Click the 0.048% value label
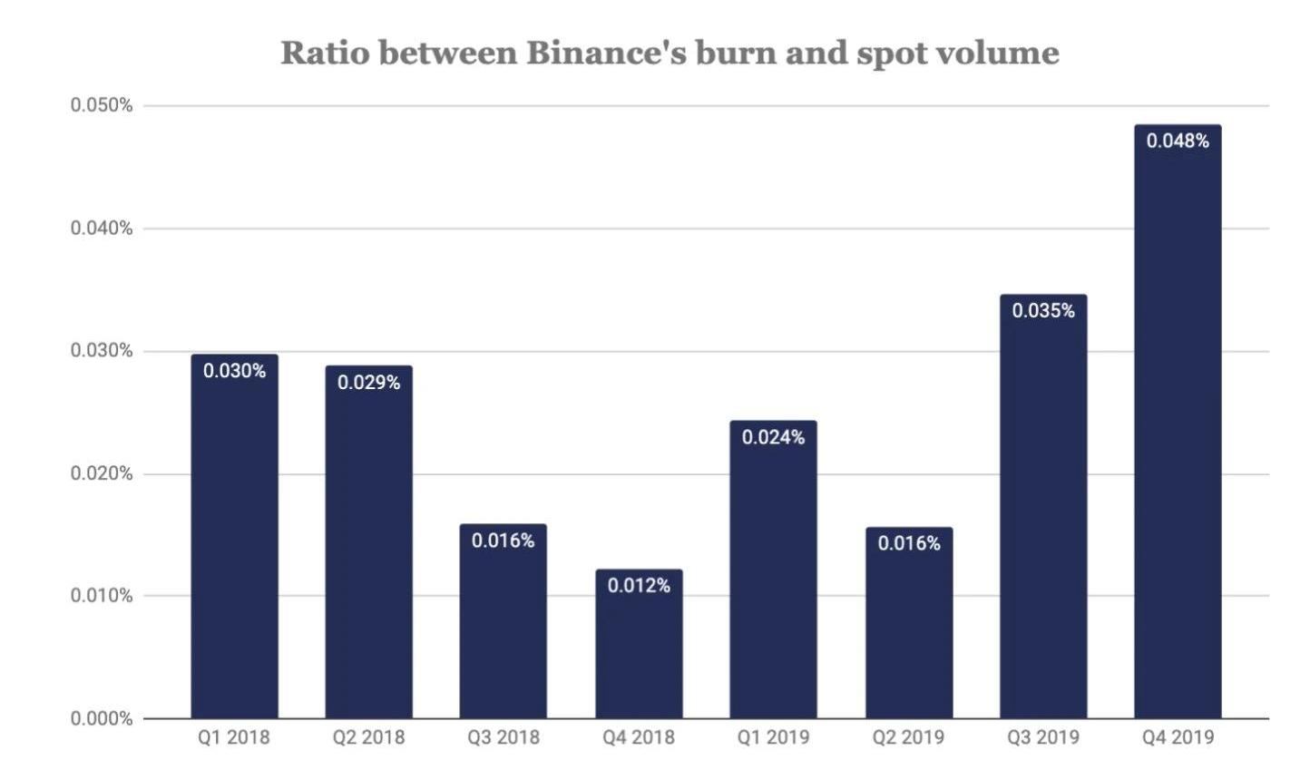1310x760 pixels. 1178,141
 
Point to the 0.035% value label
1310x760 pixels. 1043,311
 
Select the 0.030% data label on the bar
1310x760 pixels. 234,371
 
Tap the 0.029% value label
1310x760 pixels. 368,383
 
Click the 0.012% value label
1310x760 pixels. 639,586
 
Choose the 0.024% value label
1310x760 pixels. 773,437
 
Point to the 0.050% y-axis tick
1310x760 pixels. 102,105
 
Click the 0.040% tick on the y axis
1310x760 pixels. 102,228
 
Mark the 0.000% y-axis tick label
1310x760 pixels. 102,719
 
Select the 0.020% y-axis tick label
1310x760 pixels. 102,473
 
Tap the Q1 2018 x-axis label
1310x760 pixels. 234,737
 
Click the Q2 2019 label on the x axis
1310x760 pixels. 908,737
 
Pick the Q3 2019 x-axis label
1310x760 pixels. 1043,737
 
